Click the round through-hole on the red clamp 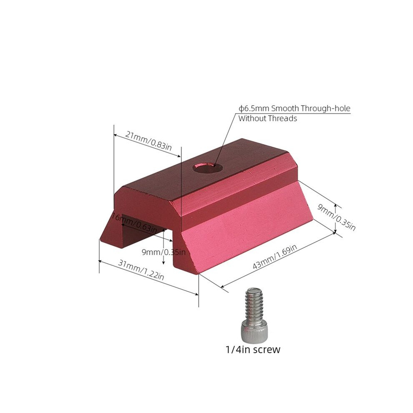coord(207,167)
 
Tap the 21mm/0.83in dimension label coord(148,141)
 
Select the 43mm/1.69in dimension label coord(275,257)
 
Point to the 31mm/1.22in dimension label coord(141,270)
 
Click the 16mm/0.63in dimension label coord(135,223)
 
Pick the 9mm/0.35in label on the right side coord(336,217)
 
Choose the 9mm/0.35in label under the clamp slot coord(164,252)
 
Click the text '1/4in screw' coord(253,350)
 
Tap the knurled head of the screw coord(253,330)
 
